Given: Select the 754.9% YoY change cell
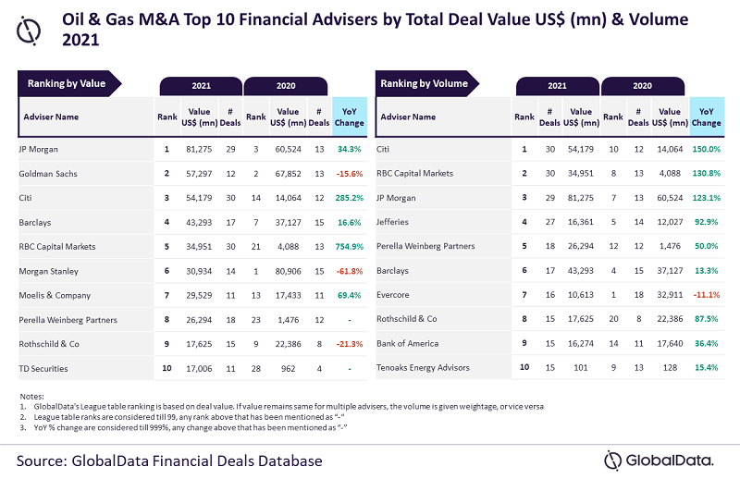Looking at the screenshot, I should pos(348,246).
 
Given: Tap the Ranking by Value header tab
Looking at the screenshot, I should pos(66,84).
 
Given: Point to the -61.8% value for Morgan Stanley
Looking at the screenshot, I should pos(348,270).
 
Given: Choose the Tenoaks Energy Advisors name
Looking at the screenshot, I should pos(424,367).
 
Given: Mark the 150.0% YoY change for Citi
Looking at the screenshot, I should pos(706,149).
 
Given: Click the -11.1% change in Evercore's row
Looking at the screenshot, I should pos(706,294).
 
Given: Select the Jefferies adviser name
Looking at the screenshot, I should pos(393,222).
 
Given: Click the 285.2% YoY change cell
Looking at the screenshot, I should pos(348,197).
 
